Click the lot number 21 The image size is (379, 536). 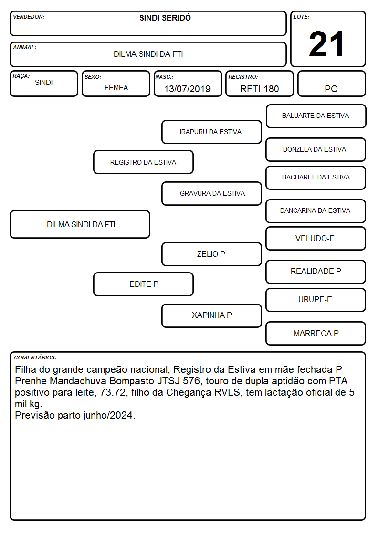click(326, 44)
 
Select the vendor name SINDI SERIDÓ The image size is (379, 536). click(165, 18)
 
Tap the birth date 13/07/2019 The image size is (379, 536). click(187, 89)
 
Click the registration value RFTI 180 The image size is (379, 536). click(260, 89)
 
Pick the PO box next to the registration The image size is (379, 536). click(331, 84)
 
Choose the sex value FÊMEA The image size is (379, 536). click(116, 87)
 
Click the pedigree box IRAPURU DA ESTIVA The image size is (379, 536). click(211, 132)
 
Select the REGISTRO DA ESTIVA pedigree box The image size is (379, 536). click(143, 162)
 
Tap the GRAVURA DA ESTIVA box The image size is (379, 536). click(211, 193)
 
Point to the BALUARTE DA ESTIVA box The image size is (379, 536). click(316, 116)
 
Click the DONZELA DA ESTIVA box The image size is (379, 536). click(316, 149)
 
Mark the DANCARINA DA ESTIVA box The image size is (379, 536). click(316, 211)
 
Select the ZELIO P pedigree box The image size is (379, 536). click(211, 254)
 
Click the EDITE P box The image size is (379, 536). click(143, 284)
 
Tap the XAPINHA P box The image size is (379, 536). click(211, 315)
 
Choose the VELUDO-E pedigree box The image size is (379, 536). click(316, 238)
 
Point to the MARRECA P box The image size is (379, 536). click(316, 333)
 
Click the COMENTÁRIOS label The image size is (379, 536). click(35, 357)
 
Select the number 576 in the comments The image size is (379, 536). click(191, 381)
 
